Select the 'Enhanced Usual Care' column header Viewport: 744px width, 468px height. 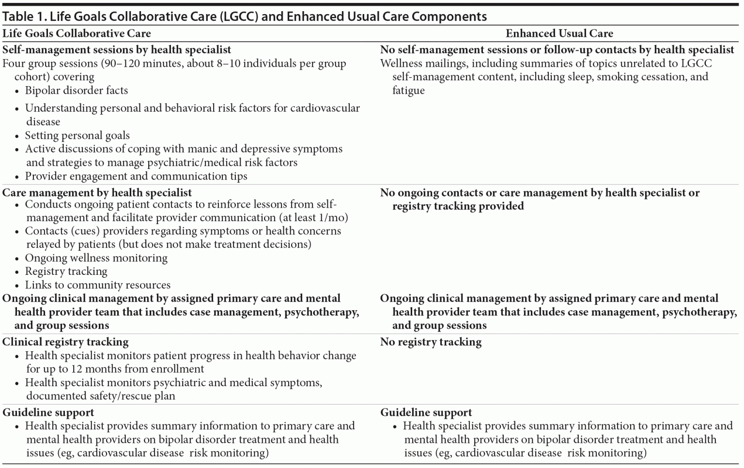tap(559, 33)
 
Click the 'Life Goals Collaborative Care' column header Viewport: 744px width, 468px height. tap(77, 33)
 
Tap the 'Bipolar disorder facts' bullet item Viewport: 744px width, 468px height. tap(77, 91)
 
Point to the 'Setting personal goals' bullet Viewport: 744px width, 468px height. tap(77, 136)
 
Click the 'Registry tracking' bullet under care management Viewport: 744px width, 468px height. tap(66, 272)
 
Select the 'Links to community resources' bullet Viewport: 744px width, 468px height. tap(98, 285)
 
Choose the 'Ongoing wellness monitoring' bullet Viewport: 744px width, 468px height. tap(96, 258)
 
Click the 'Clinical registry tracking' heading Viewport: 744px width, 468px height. tap(65, 342)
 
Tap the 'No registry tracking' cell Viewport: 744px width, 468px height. tap(431, 342)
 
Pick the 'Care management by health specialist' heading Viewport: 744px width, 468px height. tap(97, 193)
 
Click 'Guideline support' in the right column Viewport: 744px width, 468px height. tap(426, 413)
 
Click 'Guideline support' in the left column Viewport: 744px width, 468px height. tap(48, 413)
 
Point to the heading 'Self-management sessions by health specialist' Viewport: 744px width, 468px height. tap(117, 50)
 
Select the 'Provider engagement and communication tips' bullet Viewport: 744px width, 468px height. tap(136, 176)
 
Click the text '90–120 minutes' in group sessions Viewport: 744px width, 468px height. tap(142, 63)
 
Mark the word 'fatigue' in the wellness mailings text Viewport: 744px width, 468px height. tap(408, 91)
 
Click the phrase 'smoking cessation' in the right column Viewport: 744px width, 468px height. tap(640, 77)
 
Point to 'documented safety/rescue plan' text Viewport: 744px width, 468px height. tap(101, 396)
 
